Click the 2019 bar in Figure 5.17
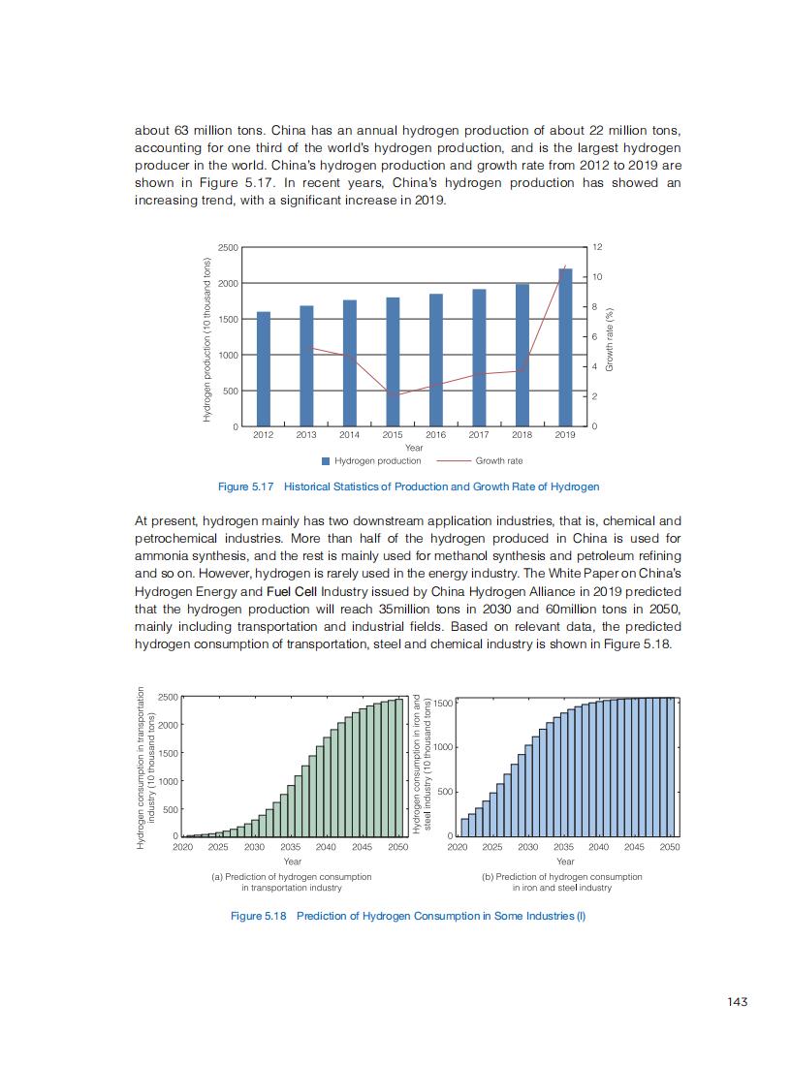point(565,347)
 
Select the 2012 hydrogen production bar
point(263,369)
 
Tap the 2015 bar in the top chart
point(393,361)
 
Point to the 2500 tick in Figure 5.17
point(228,247)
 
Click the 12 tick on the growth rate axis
point(597,247)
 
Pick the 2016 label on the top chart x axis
point(435,436)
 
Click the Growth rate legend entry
point(498,461)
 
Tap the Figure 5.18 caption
point(408,916)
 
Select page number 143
point(738,1002)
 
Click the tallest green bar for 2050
point(399,768)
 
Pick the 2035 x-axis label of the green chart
point(291,847)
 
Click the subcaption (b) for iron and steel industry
point(562,882)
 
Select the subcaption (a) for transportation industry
point(292,882)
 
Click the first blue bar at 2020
point(464,827)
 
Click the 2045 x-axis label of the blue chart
point(634,847)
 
